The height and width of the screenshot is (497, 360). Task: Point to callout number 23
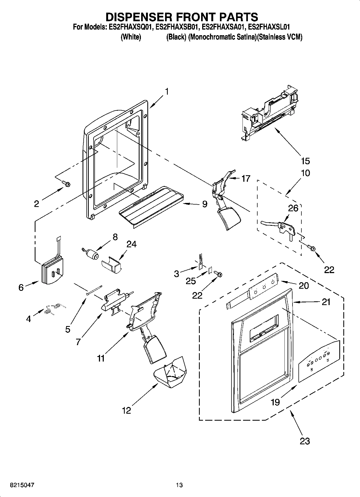tap(305, 441)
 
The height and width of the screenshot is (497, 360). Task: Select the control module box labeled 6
tap(52, 272)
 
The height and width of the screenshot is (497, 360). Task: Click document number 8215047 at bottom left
tap(22, 485)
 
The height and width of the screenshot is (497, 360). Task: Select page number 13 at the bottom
tap(179, 485)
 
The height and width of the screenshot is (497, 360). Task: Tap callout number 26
tap(293, 208)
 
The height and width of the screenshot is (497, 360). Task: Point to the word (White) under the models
tap(131, 37)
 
